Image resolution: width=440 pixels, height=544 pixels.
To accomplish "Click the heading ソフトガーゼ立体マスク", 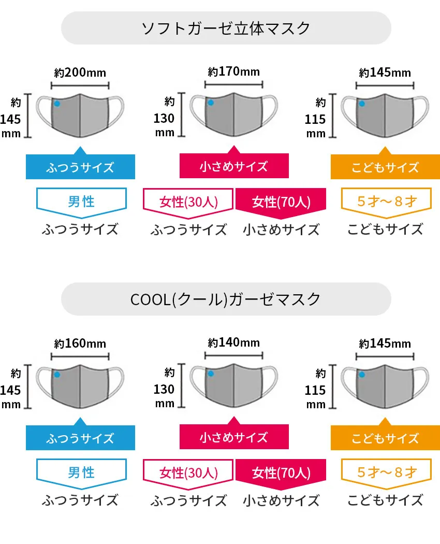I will (x=226, y=27).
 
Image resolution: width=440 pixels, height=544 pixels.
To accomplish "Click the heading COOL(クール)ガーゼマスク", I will (x=226, y=299).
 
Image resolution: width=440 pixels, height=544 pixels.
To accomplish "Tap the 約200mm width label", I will (x=80, y=73).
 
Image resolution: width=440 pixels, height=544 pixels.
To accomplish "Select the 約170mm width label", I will (x=233, y=71).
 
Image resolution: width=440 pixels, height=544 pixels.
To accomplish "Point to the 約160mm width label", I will (x=80, y=343).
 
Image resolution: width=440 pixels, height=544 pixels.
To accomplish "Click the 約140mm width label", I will (x=233, y=342).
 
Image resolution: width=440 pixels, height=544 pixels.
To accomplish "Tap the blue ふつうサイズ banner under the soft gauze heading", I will (x=80, y=167).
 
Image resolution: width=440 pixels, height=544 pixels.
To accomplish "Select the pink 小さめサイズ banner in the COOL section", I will (x=234, y=437).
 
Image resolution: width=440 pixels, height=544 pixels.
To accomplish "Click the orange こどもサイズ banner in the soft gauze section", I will (x=385, y=167).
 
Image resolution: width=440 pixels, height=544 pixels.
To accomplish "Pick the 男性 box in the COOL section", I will (x=81, y=472).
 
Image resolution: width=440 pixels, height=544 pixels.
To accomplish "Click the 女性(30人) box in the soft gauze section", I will (x=188, y=202).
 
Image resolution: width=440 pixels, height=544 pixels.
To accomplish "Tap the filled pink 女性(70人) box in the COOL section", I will (x=281, y=473).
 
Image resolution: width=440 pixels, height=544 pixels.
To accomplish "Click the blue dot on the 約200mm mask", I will (x=57, y=104).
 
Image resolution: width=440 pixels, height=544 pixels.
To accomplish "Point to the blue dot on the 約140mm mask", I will (x=210, y=374).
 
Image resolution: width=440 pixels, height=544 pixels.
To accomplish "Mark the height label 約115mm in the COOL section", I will (x=316, y=389).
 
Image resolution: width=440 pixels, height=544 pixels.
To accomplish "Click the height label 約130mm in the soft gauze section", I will (x=165, y=118).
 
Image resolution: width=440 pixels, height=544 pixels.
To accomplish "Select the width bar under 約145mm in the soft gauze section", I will (x=385, y=84).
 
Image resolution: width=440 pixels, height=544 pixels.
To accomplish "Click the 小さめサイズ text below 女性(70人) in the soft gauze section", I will (x=281, y=229).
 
